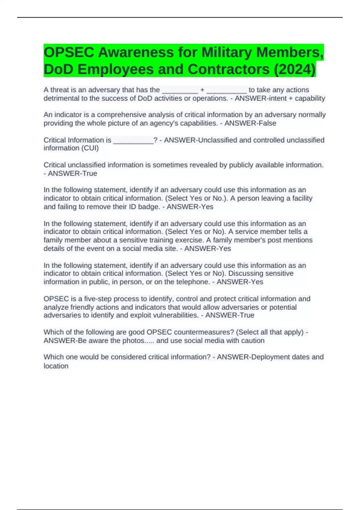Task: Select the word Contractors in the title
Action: point(229,69)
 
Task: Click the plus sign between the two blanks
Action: point(202,90)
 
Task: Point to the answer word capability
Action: point(310,98)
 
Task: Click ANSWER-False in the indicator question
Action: point(250,123)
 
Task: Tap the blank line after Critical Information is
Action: point(133,140)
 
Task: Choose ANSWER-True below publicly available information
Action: point(72,173)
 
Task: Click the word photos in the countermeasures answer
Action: point(133,340)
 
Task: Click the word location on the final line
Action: point(56,366)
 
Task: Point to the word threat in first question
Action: point(60,90)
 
